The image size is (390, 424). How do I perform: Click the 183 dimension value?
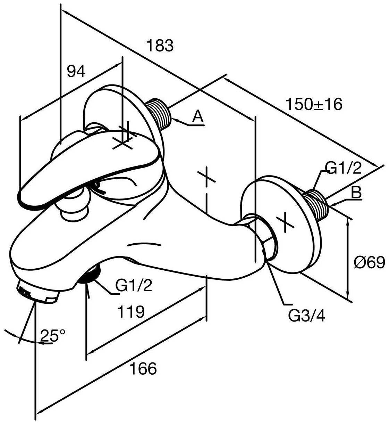click(160, 46)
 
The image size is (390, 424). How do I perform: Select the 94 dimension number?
click(76, 71)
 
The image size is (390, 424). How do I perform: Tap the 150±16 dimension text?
click(314, 104)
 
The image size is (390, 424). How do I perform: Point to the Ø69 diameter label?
click(369, 262)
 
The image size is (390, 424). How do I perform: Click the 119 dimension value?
click(130, 312)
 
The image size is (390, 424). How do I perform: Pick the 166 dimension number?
click(143, 368)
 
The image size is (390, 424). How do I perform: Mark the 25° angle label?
click(53, 335)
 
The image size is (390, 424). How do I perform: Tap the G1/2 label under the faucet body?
click(134, 286)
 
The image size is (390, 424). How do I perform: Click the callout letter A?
click(197, 117)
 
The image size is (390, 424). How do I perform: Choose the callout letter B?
click(356, 193)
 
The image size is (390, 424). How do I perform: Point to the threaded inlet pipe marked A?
click(160, 112)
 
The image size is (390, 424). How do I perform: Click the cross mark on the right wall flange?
click(285, 222)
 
